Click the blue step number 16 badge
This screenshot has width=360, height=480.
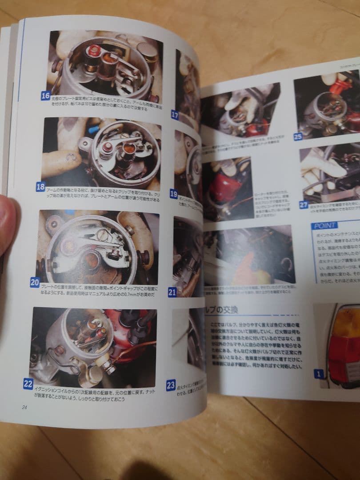click(45, 96)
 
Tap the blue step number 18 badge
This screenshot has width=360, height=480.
click(40, 187)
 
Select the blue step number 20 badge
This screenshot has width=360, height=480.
click(35, 282)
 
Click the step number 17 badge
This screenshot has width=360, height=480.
click(175, 115)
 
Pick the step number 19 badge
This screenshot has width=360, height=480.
click(174, 193)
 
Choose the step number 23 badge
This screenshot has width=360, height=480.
click(171, 385)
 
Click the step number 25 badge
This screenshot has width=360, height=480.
click(298, 136)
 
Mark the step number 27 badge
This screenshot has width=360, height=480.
click(304, 205)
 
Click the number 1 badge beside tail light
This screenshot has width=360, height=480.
click(318, 374)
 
